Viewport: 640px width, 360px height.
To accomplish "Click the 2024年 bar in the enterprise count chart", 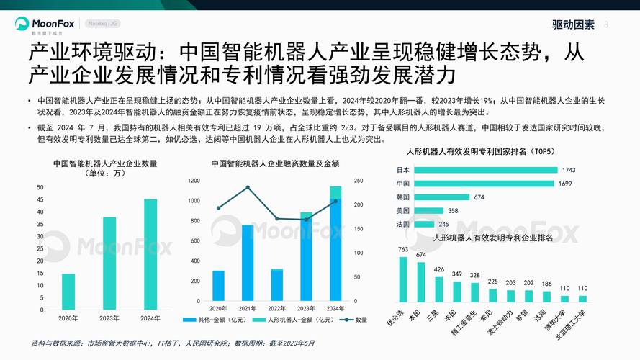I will tap(150, 254).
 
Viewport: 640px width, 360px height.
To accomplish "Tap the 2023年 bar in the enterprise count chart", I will tap(109, 263).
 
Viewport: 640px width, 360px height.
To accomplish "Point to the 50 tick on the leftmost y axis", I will tap(40, 187).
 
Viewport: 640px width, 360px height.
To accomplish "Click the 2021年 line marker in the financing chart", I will tap(248, 188).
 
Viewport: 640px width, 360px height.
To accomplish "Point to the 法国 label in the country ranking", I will tap(402, 225).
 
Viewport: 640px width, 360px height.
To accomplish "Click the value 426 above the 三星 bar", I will tap(439, 270).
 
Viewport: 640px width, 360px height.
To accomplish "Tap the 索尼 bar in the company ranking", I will tap(493, 294).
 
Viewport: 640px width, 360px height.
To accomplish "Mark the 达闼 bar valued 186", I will tap(547, 296).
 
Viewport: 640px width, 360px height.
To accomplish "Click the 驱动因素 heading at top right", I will tap(573, 24).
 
